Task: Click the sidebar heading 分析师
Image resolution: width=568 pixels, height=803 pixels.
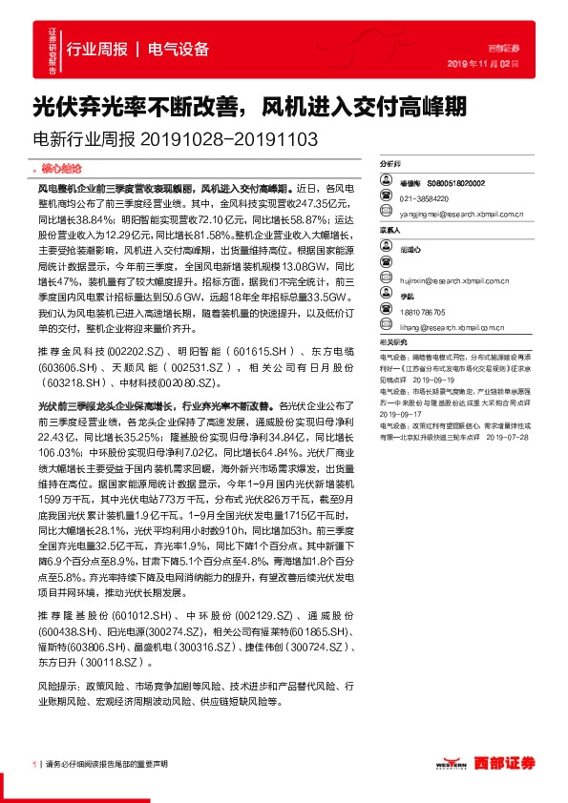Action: [x=390, y=164]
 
